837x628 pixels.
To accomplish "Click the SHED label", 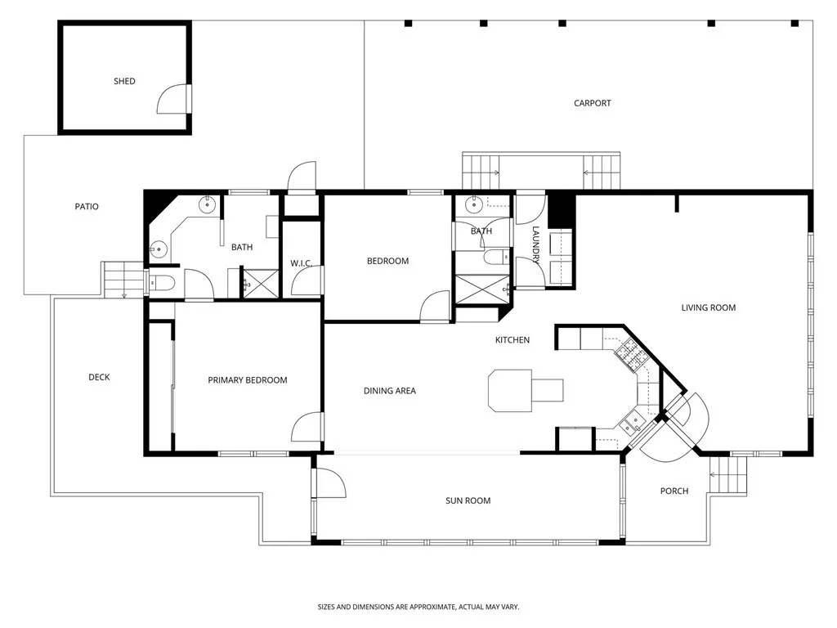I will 124,81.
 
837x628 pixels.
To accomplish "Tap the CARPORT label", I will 592,103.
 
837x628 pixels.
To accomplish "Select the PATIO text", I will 86,206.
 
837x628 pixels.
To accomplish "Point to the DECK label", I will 99,377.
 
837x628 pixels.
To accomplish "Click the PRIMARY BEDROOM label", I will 247,379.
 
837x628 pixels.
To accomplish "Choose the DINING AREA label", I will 389,391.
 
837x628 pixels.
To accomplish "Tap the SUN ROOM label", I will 468,500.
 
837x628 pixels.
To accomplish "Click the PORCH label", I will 674,491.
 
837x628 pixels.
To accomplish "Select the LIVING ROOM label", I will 708,307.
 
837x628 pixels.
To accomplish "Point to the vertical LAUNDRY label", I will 536,245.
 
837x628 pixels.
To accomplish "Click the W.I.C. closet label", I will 301,262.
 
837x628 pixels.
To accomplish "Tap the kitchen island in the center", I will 523,389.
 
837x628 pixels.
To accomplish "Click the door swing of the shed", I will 173,99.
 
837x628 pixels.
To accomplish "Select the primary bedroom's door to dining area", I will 308,427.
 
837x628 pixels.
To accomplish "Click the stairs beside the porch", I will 729,475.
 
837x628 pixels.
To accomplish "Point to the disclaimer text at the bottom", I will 418,607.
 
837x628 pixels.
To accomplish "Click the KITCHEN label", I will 512,339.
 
